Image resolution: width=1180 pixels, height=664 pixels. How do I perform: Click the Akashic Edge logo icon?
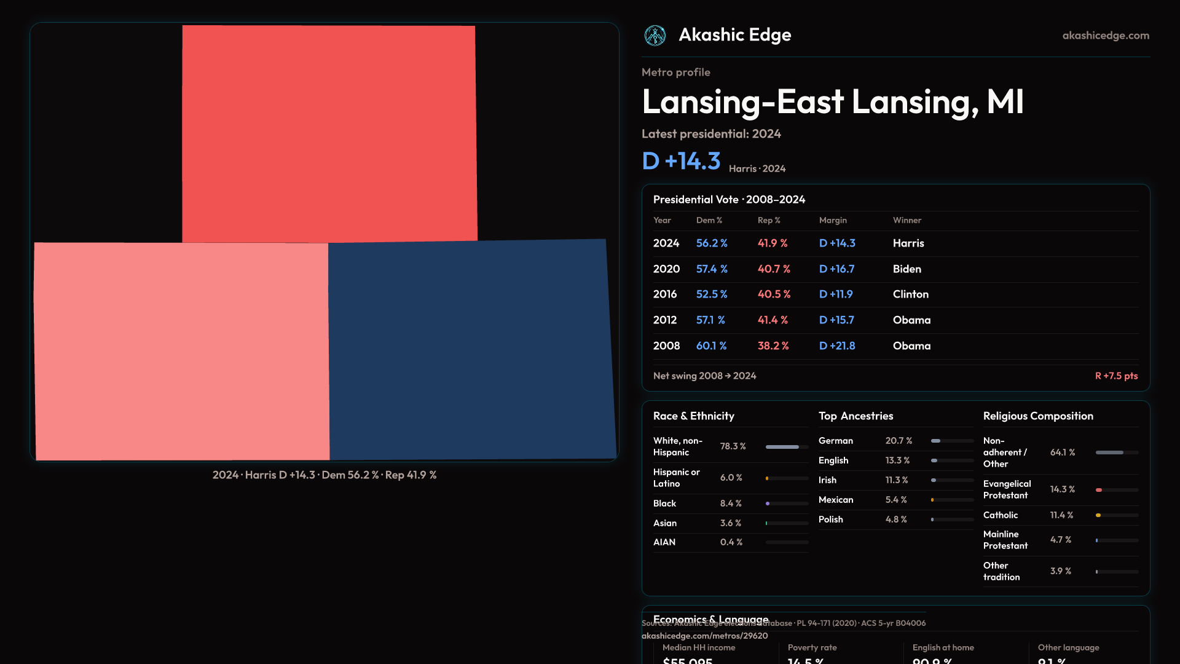(x=655, y=36)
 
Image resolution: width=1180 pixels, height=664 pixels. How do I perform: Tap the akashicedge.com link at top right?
(x=1106, y=36)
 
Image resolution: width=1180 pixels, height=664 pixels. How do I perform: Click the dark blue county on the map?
(x=471, y=349)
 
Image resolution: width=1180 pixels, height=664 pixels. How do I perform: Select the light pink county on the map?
(x=181, y=350)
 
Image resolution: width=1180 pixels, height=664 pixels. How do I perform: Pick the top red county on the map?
(x=329, y=133)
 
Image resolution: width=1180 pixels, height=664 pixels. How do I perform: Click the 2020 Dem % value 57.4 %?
(x=712, y=269)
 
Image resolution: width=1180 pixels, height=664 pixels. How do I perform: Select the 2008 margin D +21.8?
(x=837, y=346)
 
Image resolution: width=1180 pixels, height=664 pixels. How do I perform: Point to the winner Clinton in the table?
(x=910, y=294)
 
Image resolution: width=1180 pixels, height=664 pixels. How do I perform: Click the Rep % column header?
(x=768, y=220)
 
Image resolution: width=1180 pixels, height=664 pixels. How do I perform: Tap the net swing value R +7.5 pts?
(x=1116, y=376)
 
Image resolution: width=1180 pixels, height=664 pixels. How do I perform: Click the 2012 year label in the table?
(x=664, y=320)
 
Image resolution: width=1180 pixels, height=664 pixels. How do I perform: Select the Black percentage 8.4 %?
(x=731, y=504)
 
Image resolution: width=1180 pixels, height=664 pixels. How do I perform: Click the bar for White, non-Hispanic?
(x=786, y=447)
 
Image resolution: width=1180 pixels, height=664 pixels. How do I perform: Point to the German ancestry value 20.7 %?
(x=899, y=441)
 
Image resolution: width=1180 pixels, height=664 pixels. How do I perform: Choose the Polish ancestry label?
(x=830, y=520)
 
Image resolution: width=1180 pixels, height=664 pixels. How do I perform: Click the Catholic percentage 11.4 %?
(x=1061, y=515)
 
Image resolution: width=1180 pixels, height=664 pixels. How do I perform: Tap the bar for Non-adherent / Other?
(x=1116, y=453)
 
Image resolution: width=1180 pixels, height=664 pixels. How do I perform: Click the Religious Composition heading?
(x=1037, y=416)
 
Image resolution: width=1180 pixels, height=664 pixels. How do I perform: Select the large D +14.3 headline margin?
(x=681, y=161)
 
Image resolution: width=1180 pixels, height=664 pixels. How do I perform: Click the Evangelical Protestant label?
(x=1007, y=489)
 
